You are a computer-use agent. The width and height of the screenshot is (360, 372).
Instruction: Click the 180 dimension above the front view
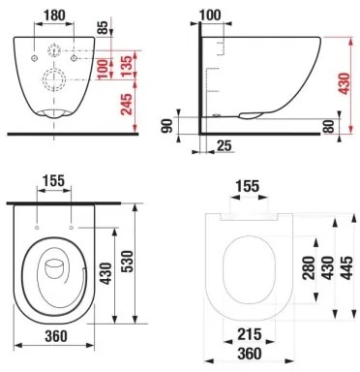coord(54,15)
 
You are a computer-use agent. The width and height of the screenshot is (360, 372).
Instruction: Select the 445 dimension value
coord(345,267)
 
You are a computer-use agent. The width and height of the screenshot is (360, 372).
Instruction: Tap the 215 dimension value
coord(251,334)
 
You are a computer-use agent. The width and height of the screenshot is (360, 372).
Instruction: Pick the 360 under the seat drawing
coord(251,356)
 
